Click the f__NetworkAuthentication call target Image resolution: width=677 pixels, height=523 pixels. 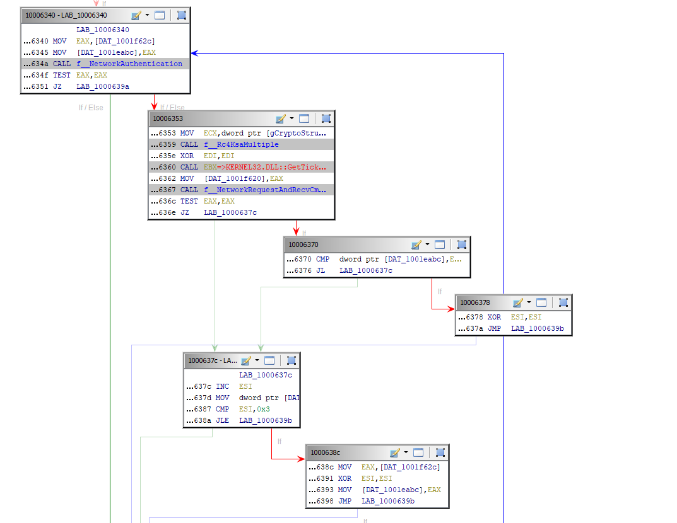(x=129, y=64)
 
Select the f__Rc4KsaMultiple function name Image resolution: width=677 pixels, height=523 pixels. (x=241, y=144)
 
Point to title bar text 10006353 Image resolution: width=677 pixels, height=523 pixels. (x=165, y=118)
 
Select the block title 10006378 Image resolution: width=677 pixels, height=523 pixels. (x=474, y=302)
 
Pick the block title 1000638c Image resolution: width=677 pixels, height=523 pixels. (x=325, y=452)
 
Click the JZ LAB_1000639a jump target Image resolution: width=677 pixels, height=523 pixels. (x=103, y=86)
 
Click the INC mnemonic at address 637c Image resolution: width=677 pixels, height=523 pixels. (x=223, y=386)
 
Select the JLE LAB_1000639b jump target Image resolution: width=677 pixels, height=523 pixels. (x=266, y=420)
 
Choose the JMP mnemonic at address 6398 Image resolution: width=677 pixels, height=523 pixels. (x=344, y=501)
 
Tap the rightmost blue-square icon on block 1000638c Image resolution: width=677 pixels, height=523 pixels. (x=440, y=452)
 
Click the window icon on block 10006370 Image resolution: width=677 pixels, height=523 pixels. (x=440, y=244)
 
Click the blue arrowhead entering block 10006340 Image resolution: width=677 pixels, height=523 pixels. (x=194, y=53)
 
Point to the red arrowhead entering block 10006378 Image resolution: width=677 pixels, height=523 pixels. (x=451, y=309)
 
